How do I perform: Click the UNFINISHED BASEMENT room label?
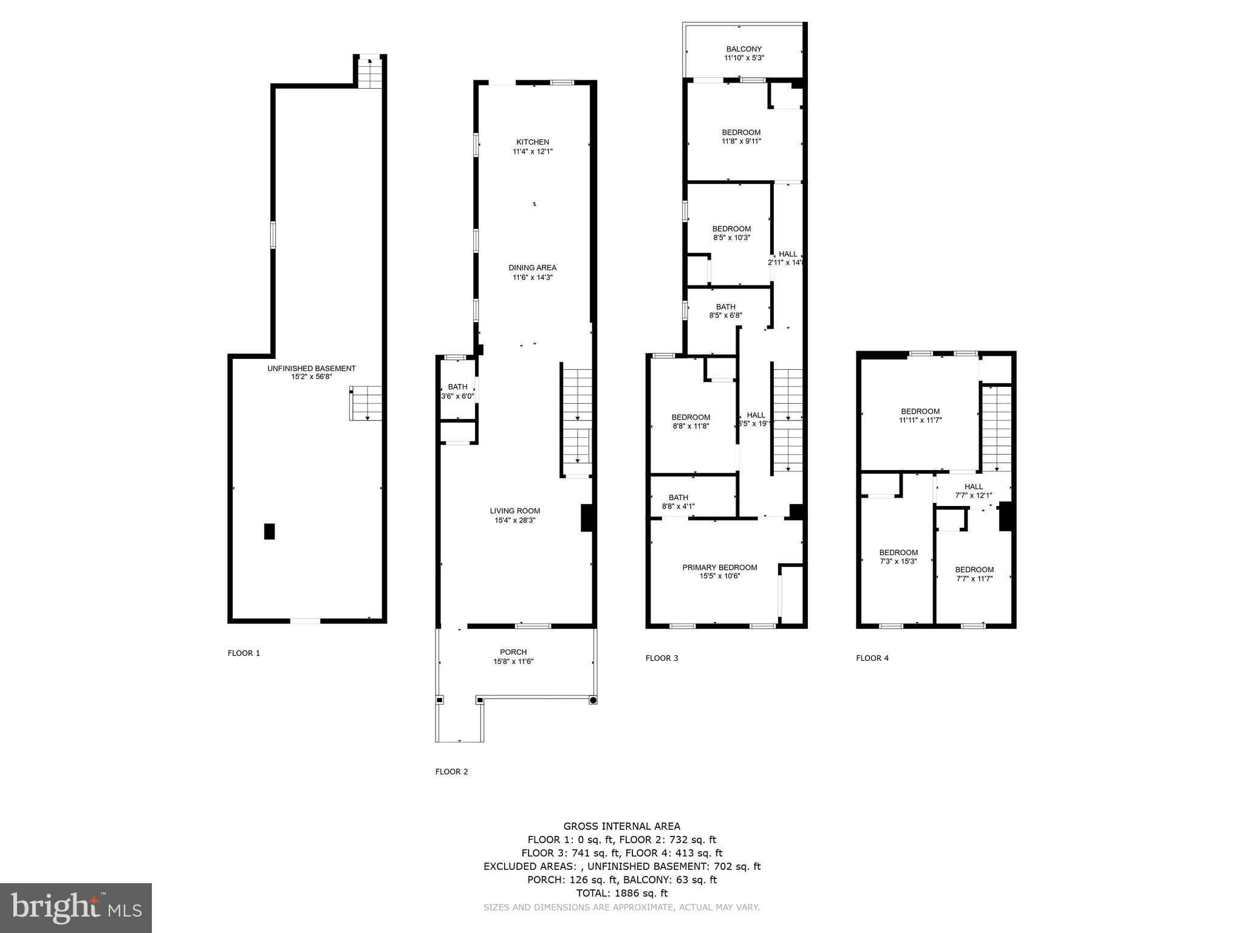coord(311,369)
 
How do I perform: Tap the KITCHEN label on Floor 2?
coord(533,142)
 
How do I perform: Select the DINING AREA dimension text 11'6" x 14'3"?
coord(532,278)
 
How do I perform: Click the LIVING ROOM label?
coord(515,511)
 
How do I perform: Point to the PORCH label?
coord(513,652)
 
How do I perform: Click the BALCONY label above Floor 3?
coord(743,49)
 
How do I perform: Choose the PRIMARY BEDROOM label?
coord(719,567)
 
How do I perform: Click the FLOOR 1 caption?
coord(244,654)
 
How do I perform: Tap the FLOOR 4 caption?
coord(872,658)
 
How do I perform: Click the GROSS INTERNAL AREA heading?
coord(621,826)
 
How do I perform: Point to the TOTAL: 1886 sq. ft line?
coord(621,893)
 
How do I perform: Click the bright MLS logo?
coord(76,907)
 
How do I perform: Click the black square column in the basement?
coord(269,531)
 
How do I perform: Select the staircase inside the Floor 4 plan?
coord(997,428)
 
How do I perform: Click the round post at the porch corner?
coord(593,700)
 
